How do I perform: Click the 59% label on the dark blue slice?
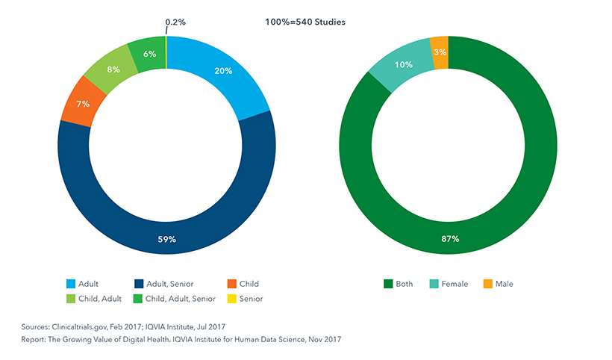166,240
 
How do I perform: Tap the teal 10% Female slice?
404,64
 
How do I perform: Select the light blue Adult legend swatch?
70,284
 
